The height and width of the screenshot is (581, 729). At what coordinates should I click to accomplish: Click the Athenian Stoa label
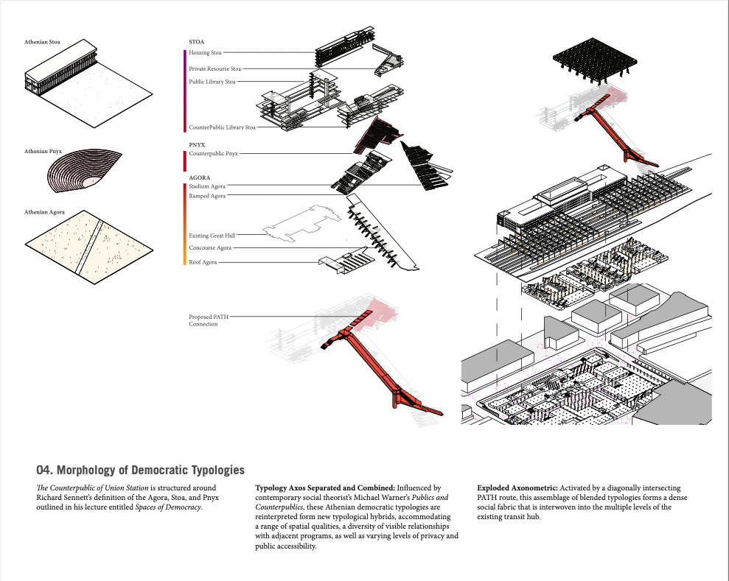pyautogui.click(x=42, y=42)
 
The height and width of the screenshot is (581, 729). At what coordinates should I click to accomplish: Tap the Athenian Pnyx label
pyautogui.click(x=43, y=151)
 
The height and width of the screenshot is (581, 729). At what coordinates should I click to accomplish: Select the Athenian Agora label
pyautogui.click(x=43, y=212)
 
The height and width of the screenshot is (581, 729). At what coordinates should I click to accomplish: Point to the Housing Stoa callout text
pyautogui.click(x=205, y=53)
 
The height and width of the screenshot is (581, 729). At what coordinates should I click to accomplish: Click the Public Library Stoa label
pyautogui.click(x=212, y=82)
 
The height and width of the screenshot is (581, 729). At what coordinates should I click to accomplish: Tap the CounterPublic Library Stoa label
pyautogui.click(x=222, y=127)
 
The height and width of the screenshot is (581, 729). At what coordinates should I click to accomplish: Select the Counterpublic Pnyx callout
pyautogui.click(x=213, y=154)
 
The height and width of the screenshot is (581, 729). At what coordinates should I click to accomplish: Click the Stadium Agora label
pyautogui.click(x=207, y=187)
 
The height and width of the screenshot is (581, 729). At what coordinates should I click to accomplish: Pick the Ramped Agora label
pyautogui.click(x=207, y=196)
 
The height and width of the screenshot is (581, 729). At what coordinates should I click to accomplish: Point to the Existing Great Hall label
pyautogui.click(x=212, y=236)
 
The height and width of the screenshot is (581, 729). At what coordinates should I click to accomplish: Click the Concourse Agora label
pyautogui.click(x=210, y=248)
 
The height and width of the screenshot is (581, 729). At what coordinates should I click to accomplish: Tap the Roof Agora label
pyautogui.click(x=203, y=262)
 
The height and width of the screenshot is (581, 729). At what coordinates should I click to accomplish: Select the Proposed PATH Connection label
pyautogui.click(x=209, y=320)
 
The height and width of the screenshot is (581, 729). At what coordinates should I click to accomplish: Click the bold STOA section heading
pyautogui.click(x=197, y=42)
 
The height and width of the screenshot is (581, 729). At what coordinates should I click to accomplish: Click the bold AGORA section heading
pyautogui.click(x=199, y=177)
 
